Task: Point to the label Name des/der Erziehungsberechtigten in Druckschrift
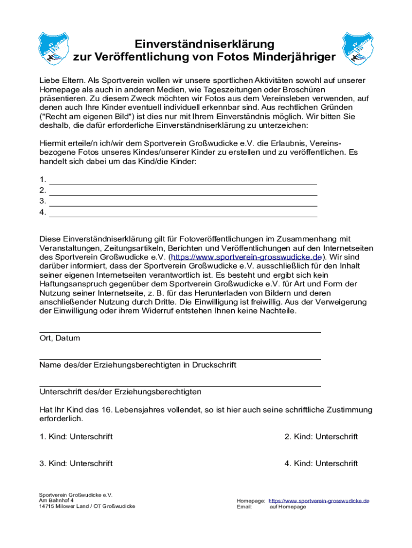tap(138, 365)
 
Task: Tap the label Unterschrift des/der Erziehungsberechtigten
tap(120, 392)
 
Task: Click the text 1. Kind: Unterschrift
tap(76, 437)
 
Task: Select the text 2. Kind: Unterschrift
tap(321, 437)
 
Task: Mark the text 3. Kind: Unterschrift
tap(76, 463)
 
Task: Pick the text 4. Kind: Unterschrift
tap(321, 463)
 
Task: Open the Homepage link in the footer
tap(319, 501)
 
